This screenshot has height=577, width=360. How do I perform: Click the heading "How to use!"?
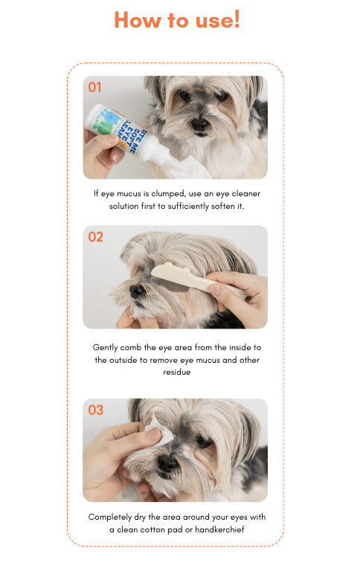pos(177,19)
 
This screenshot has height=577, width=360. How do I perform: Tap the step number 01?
pos(94,87)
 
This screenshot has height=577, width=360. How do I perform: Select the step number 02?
pos(95,236)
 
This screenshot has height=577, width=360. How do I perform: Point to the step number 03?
pos(95,410)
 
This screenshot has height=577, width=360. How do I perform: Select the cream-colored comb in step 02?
pos(198,279)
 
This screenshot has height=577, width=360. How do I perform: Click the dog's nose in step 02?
pos(137,291)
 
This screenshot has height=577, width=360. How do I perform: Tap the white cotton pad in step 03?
pos(160,431)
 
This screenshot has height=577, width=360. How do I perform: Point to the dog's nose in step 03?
pos(167,463)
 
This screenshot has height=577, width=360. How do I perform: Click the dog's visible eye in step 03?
pos(202,439)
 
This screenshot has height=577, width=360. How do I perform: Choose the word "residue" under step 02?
pos(177,372)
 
